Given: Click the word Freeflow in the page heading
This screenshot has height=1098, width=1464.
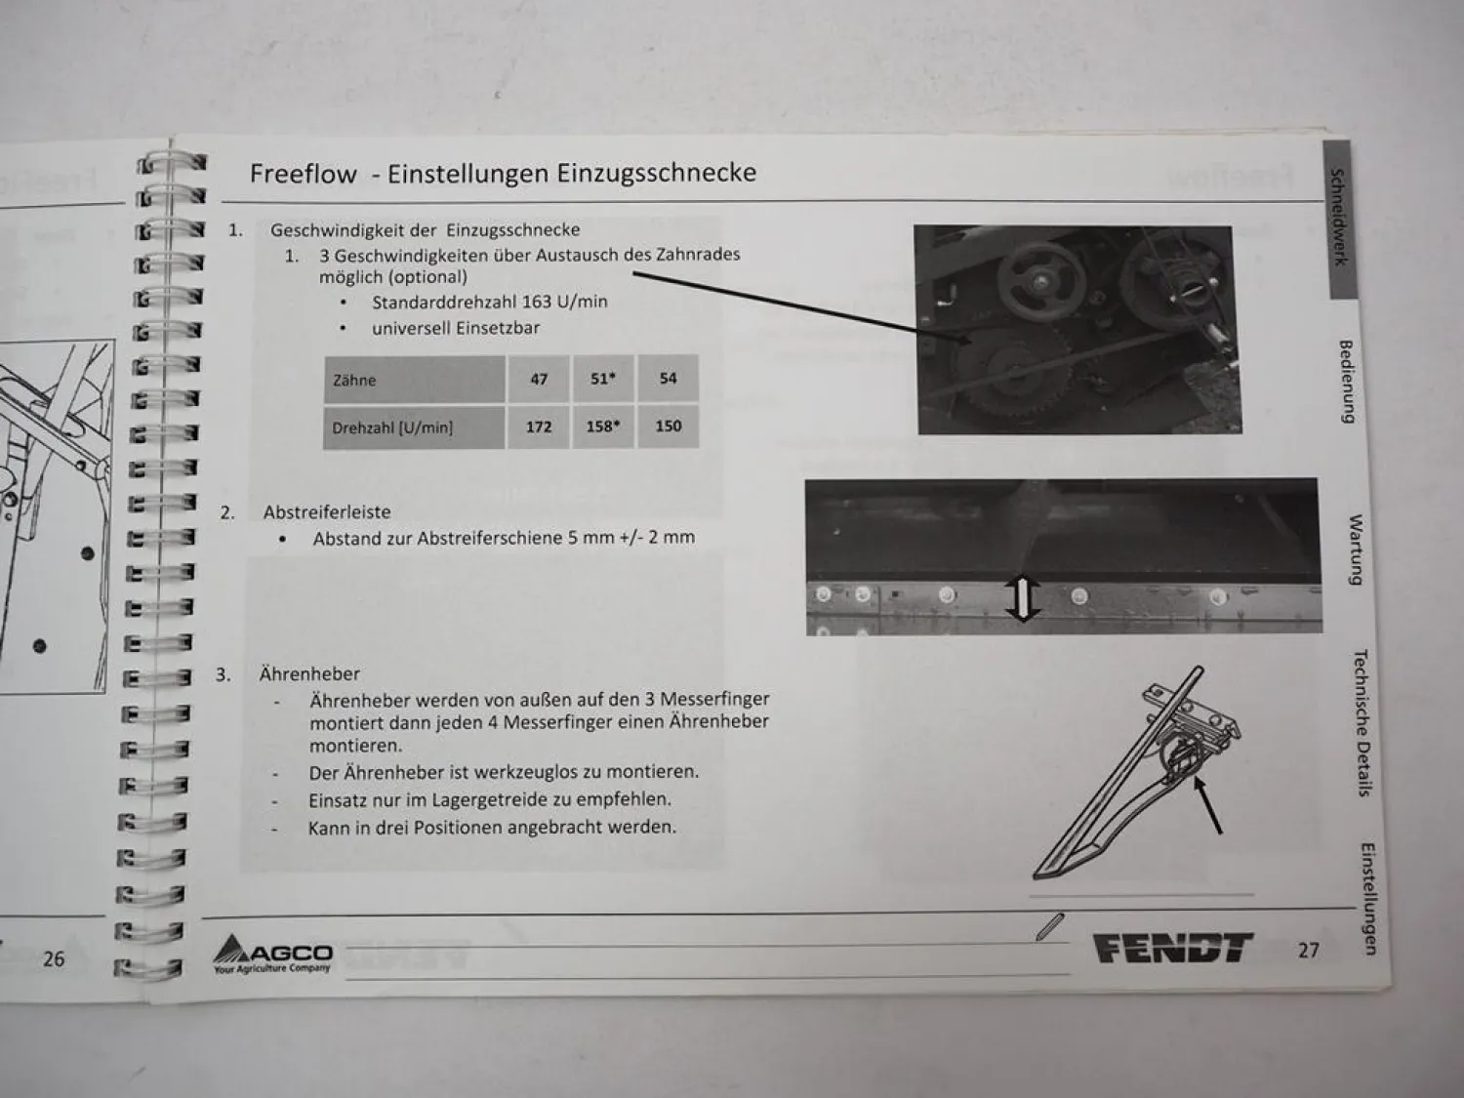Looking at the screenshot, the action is (x=303, y=174).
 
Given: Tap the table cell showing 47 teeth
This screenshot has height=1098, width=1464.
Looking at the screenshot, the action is (x=539, y=379).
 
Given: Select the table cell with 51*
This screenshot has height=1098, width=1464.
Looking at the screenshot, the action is (x=603, y=379).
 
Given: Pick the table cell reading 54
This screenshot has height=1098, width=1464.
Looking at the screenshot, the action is (x=669, y=379).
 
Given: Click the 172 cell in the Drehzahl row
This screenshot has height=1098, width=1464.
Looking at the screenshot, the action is (x=539, y=427).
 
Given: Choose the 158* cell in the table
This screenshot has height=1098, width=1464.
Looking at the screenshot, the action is (x=603, y=426).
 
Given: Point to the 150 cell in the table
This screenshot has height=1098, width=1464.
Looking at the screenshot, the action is (x=669, y=426).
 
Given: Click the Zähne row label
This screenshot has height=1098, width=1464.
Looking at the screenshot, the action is (x=414, y=380).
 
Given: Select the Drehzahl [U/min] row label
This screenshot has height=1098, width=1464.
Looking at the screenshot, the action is (x=414, y=427).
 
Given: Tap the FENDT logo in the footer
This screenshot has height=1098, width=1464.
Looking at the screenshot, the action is (x=1173, y=948).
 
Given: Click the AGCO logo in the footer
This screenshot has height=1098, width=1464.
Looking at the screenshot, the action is (x=272, y=954).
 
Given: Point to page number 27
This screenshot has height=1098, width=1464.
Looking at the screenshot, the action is (x=1309, y=950).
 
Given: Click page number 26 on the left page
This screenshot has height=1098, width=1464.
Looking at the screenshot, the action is (x=54, y=959).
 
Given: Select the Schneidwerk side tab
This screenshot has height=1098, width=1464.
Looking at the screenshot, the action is (x=1339, y=218).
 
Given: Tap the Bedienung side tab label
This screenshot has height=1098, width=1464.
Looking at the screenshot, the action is (x=1347, y=382).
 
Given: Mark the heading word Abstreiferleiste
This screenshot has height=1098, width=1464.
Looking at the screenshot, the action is (x=327, y=512).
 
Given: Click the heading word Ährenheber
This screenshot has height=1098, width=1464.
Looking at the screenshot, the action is (x=309, y=673).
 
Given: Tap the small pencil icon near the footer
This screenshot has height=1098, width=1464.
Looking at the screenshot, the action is (x=1050, y=926).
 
